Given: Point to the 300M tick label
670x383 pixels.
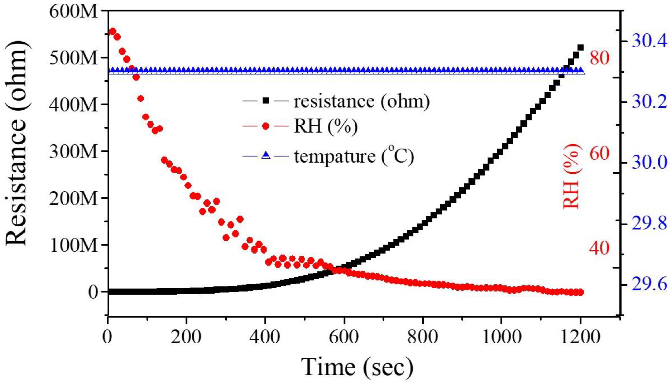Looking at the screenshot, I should (x=73, y=152).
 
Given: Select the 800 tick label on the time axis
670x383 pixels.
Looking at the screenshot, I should (x=422, y=337).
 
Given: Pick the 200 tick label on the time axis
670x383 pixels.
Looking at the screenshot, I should (x=186, y=337).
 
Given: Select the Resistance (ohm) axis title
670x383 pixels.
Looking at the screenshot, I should (x=16, y=143).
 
